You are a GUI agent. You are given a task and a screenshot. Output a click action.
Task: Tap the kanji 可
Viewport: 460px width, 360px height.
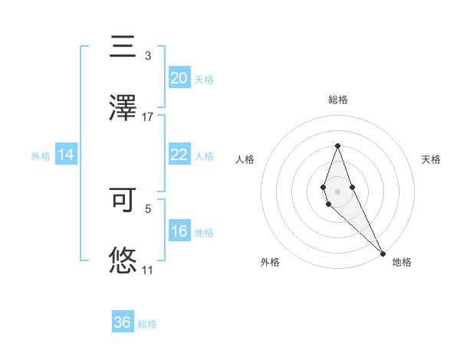coord(123,199)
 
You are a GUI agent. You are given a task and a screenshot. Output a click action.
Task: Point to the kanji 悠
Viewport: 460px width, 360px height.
coord(123,260)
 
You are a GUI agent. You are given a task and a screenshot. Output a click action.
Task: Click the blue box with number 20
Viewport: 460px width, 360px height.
coord(179,78)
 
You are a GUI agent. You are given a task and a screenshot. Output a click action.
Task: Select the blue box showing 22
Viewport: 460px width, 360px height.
coord(179,155)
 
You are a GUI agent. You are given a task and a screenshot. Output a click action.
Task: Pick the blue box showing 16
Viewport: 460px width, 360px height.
coord(179,231)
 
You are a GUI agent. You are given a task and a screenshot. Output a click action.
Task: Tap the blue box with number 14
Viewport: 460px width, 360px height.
coord(66,155)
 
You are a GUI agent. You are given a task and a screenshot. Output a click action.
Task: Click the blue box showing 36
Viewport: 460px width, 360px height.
coord(122,322)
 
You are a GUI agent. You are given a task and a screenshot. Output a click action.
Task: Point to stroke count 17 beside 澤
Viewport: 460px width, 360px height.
coord(148,117)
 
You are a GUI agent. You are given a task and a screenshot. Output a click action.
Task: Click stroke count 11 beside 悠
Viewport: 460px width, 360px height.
coord(148,270)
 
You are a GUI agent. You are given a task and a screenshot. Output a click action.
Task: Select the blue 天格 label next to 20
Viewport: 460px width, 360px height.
coord(204,80)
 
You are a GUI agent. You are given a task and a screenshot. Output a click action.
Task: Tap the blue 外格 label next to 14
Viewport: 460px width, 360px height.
coord(41,156)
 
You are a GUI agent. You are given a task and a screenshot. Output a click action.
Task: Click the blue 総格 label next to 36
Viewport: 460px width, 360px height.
coord(147,324)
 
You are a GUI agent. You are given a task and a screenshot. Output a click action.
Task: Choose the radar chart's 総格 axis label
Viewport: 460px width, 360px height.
coord(337,100)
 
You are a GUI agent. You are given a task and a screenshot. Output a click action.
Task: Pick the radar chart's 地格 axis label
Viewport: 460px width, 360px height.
coord(402,262)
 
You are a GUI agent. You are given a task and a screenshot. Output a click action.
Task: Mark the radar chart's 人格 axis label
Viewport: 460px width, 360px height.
coord(245,159)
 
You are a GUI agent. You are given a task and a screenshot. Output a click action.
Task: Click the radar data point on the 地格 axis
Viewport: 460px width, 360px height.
coord(383,253)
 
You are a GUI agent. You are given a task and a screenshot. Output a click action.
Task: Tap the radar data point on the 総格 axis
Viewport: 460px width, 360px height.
coord(337,146)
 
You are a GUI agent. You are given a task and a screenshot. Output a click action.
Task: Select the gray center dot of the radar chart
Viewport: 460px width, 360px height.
coord(337,191)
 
